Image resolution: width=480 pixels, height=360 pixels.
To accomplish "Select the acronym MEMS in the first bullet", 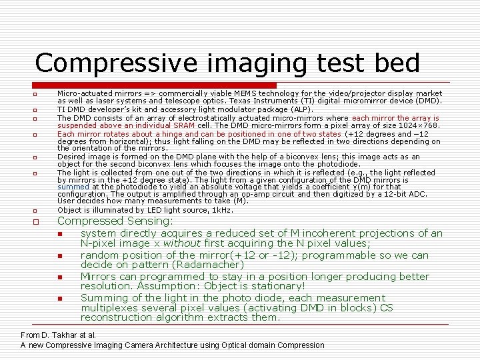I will click(x=243, y=94).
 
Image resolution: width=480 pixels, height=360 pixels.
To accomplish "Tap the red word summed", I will click(x=70, y=187).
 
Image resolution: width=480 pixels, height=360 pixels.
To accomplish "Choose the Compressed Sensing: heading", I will click(x=115, y=221).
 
